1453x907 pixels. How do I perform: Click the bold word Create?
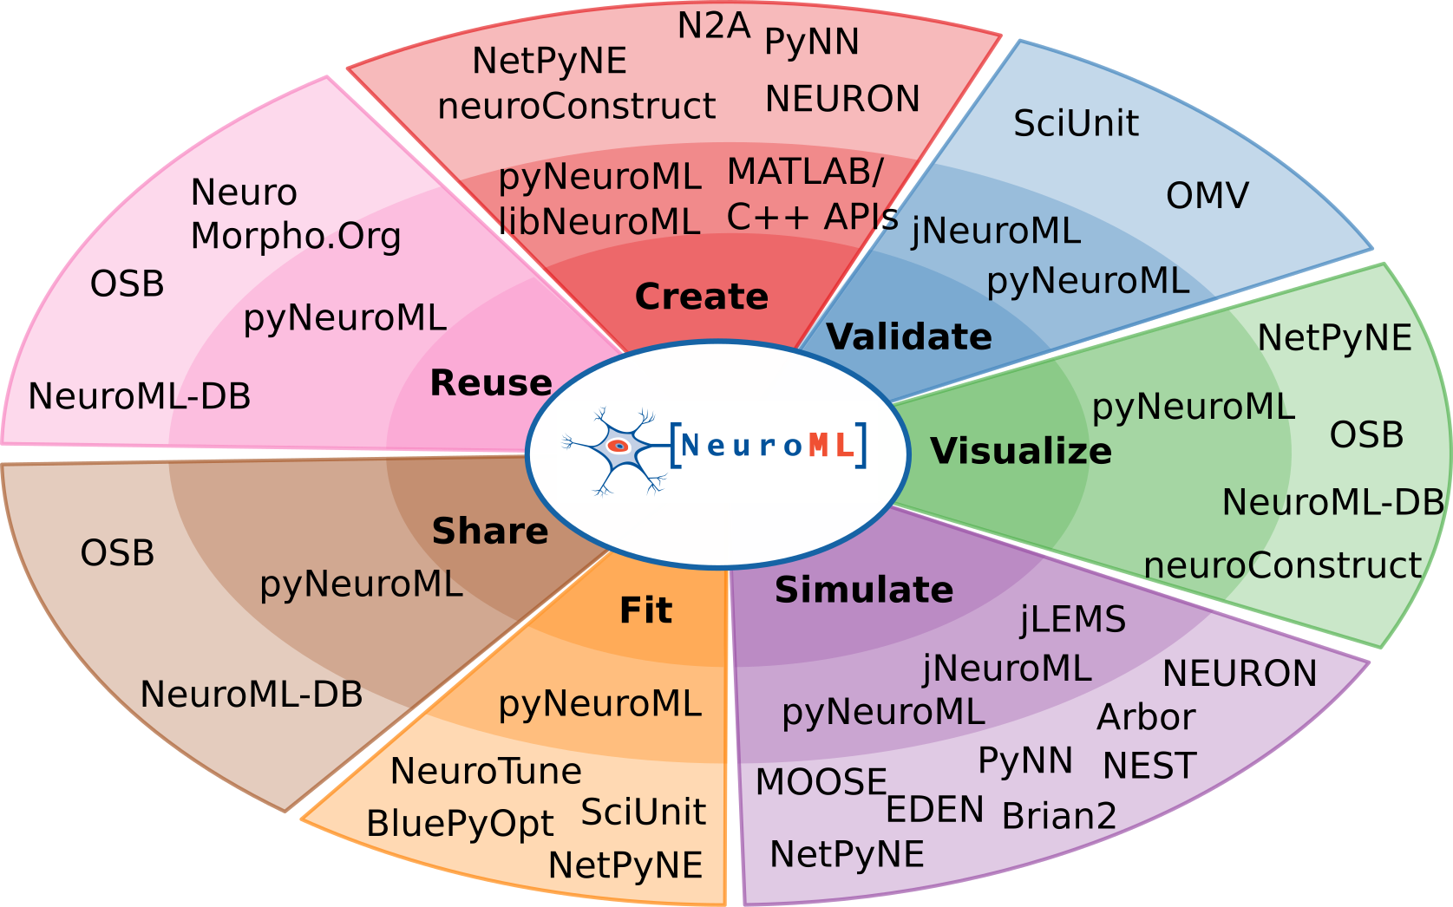[701, 297]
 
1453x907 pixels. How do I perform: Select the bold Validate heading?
[909, 337]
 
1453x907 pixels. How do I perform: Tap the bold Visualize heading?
[1021, 451]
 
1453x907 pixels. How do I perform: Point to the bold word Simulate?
[864, 590]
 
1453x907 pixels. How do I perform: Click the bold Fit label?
[646, 610]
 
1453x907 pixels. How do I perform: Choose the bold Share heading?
[490, 532]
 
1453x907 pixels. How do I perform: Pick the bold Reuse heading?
[491, 382]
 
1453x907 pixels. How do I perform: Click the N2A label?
[714, 27]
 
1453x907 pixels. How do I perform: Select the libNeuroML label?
[599, 221]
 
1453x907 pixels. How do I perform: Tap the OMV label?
[1208, 196]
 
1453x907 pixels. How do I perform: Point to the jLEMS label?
[1073, 620]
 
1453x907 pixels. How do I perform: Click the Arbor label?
[1146, 717]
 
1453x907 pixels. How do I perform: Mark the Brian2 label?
[1058, 816]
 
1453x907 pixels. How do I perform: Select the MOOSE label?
[821, 782]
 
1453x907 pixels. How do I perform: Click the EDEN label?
[935, 810]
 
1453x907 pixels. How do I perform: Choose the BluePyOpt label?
[460, 825]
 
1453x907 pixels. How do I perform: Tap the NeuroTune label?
[486, 772]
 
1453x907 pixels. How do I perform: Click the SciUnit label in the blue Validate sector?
[1077, 123]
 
